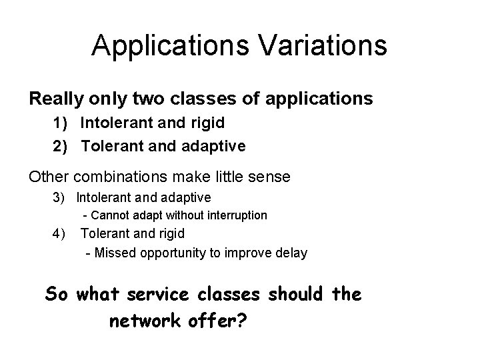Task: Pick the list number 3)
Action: coord(63,197)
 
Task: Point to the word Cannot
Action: coord(109,215)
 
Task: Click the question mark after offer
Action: coord(242,321)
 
